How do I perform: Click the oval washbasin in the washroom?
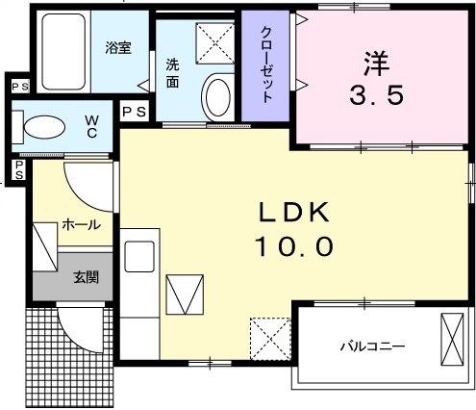(218, 99)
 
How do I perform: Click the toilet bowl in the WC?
(42, 129)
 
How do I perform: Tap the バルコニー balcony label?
(371, 345)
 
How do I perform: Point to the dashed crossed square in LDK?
(269, 336)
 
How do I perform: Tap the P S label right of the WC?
(135, 112)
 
